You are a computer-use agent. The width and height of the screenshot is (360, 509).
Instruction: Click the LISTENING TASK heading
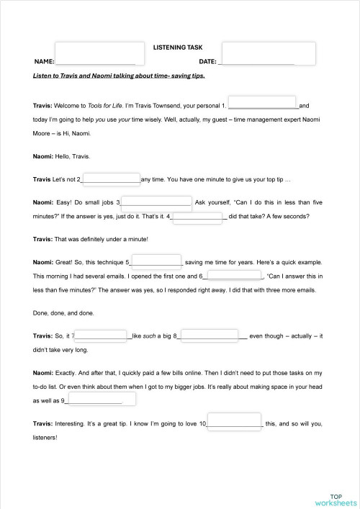178,47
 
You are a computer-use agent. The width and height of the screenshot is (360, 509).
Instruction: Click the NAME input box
96,54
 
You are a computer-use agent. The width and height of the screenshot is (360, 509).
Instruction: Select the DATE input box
269,54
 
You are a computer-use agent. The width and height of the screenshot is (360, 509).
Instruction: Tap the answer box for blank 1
261,104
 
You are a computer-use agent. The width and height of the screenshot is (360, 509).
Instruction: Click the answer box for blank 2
112,179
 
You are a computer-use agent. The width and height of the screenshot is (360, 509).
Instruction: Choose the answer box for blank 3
157,202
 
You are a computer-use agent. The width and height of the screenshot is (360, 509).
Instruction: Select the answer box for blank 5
156,262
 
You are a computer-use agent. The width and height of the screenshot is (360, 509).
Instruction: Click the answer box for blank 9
94,400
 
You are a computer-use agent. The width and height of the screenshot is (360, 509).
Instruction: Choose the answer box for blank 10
234,423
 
